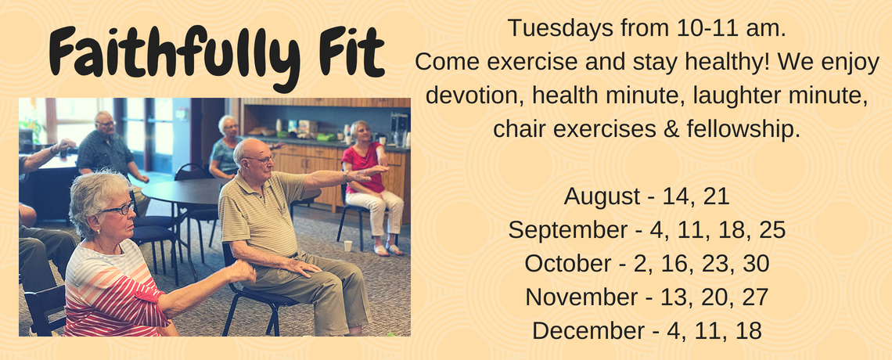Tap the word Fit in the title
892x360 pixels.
coord(351,52)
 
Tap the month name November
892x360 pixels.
coord(581,297)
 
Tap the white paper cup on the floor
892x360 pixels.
coord(347,246)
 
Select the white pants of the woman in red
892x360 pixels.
coord(377,214)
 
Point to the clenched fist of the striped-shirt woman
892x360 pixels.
coord(243,272)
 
